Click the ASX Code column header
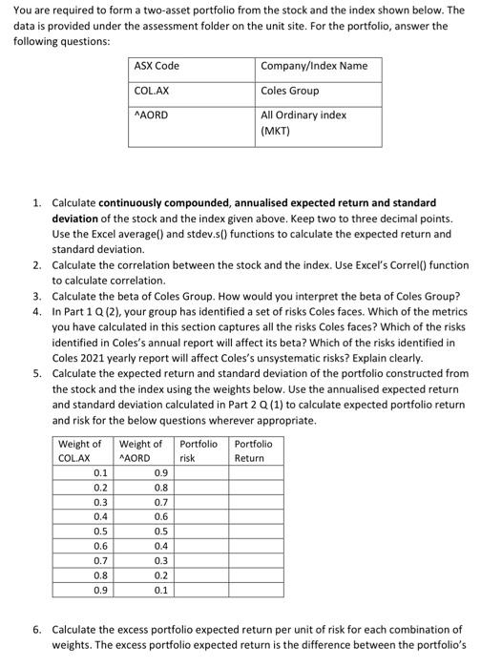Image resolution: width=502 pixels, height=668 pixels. tap(157, 66)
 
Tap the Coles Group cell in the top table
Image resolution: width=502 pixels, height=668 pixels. tap(290, 91)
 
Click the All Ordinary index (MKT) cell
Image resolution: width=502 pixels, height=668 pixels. tap(303, 122)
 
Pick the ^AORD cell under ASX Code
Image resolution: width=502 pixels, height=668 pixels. tap(152, 115)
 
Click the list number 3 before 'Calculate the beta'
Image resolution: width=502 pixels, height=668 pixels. tap(36, 295)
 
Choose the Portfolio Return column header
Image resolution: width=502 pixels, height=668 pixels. tap(254, 450)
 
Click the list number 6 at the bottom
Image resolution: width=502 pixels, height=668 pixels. tap(36, 630)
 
